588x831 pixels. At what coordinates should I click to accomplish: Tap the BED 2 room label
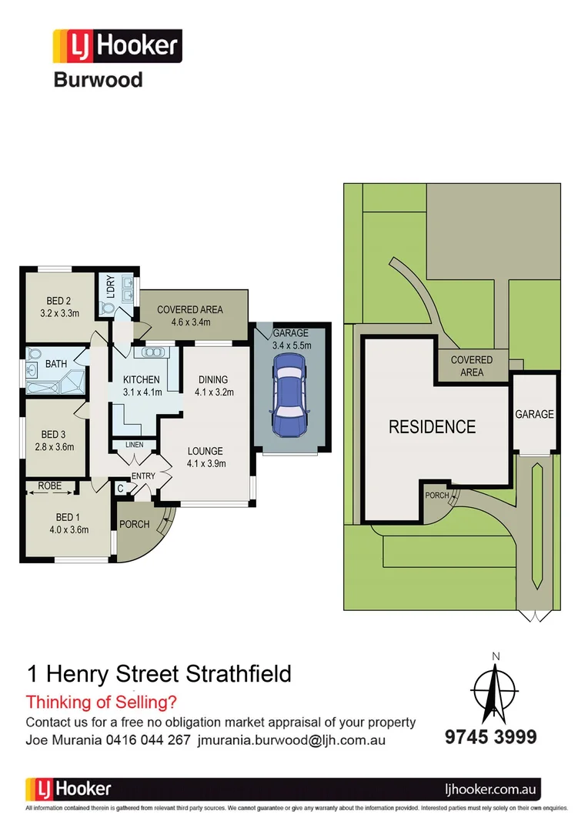(59, 301)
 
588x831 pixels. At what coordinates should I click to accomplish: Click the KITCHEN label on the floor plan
(142, 379)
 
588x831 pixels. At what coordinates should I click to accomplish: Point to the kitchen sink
(152, 352)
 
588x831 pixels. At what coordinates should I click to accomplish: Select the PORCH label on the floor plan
(134, 525)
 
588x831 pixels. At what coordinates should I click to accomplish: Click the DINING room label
(212, 379)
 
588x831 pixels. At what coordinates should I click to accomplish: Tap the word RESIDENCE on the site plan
(432, 426)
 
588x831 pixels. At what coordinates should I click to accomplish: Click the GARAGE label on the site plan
(534, 414)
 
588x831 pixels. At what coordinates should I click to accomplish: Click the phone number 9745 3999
(490, 737)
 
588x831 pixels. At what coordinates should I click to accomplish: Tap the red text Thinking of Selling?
(102, 702)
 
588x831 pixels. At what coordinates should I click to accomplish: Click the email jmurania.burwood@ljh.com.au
(292, 740)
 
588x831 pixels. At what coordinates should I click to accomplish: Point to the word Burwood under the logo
(98, 79)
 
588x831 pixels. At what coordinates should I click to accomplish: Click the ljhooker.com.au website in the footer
(493, 789)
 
